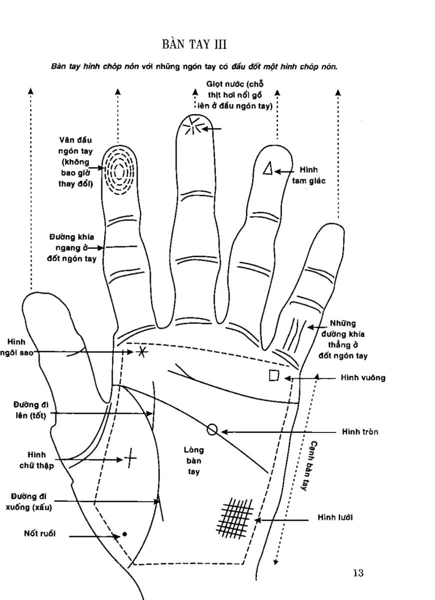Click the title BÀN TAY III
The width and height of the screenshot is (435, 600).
(x=195, y=45)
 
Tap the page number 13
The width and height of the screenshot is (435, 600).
(x=358, y=573)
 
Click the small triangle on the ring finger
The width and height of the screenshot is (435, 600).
(x=268, y=168)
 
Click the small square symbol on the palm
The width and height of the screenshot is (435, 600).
(x=274, y=375)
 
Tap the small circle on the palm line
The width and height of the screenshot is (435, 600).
(x=212, y=429)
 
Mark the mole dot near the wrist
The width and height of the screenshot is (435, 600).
(x=124, y=534)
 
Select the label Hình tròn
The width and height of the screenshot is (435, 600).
(x=360, y=431)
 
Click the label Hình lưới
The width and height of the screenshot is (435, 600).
(x=335, y=517)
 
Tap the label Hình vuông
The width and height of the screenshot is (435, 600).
(x=363, y=378)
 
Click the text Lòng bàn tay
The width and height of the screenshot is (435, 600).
(x=194, y=460)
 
